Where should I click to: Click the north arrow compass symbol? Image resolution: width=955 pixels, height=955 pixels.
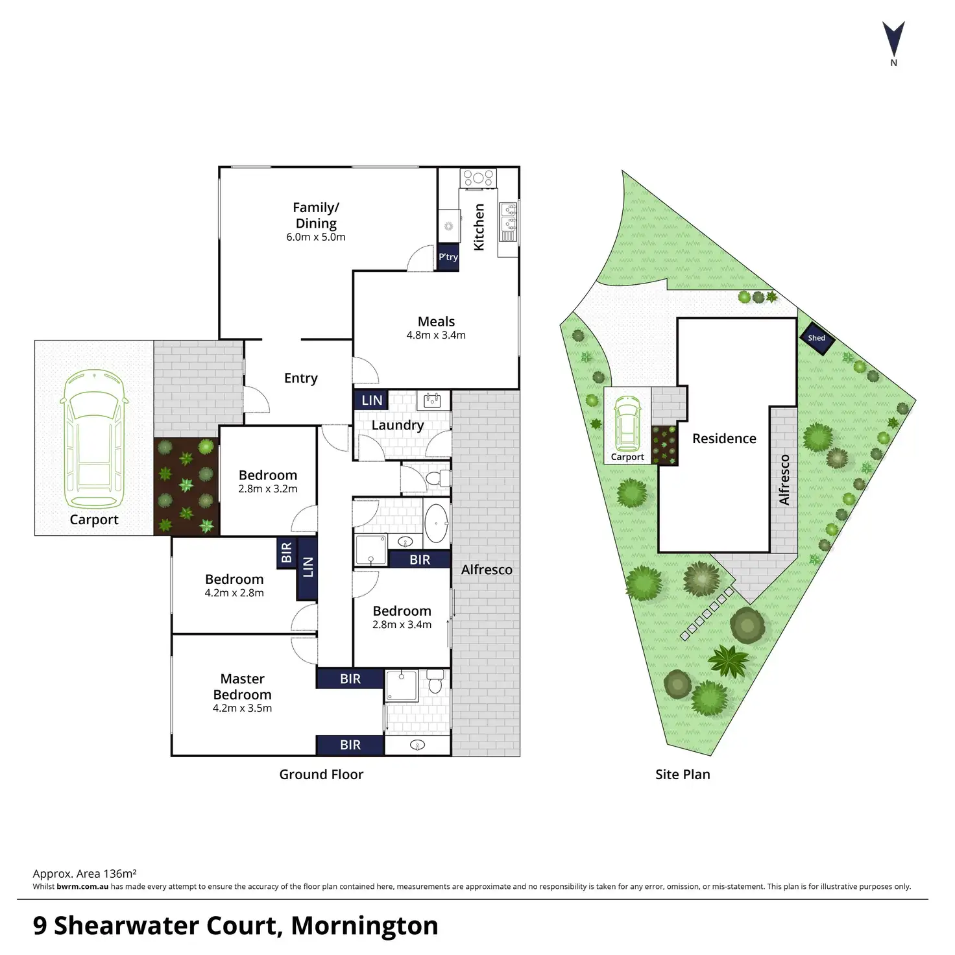tap(893, 40)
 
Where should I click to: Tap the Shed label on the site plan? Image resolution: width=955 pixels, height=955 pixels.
tap(816, 338)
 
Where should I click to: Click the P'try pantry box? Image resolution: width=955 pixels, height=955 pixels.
tap(448, 257)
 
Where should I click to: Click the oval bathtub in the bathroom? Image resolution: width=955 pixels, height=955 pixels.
tap(436, 523)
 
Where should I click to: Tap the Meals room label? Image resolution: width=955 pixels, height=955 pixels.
tap(436, 321)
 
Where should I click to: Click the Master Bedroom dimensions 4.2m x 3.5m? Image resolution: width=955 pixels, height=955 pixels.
tap(242, 708)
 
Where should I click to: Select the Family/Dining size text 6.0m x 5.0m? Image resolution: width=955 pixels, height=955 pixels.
tap(316, 237)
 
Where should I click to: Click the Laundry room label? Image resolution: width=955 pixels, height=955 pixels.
tap(398, 425)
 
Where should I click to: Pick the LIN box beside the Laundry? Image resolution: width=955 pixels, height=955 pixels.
tap(371, 400)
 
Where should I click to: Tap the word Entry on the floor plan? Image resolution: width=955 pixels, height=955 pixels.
tap(301, 378)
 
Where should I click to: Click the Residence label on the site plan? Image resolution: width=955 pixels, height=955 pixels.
tap(724, 439)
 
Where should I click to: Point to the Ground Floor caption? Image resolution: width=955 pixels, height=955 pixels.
tap(321, 774)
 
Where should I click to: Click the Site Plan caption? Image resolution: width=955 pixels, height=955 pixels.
tap(683, 774)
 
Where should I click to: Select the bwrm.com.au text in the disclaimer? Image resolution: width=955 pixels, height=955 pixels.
tap(82, 886)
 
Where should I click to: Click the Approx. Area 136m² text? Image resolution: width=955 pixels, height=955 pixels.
tap(84, 874)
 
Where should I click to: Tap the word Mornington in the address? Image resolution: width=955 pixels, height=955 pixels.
tap(365, 926)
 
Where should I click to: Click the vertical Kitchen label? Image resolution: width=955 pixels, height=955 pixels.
tap(479, 227)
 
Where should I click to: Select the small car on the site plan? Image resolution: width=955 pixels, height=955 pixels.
tap(627, 424)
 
